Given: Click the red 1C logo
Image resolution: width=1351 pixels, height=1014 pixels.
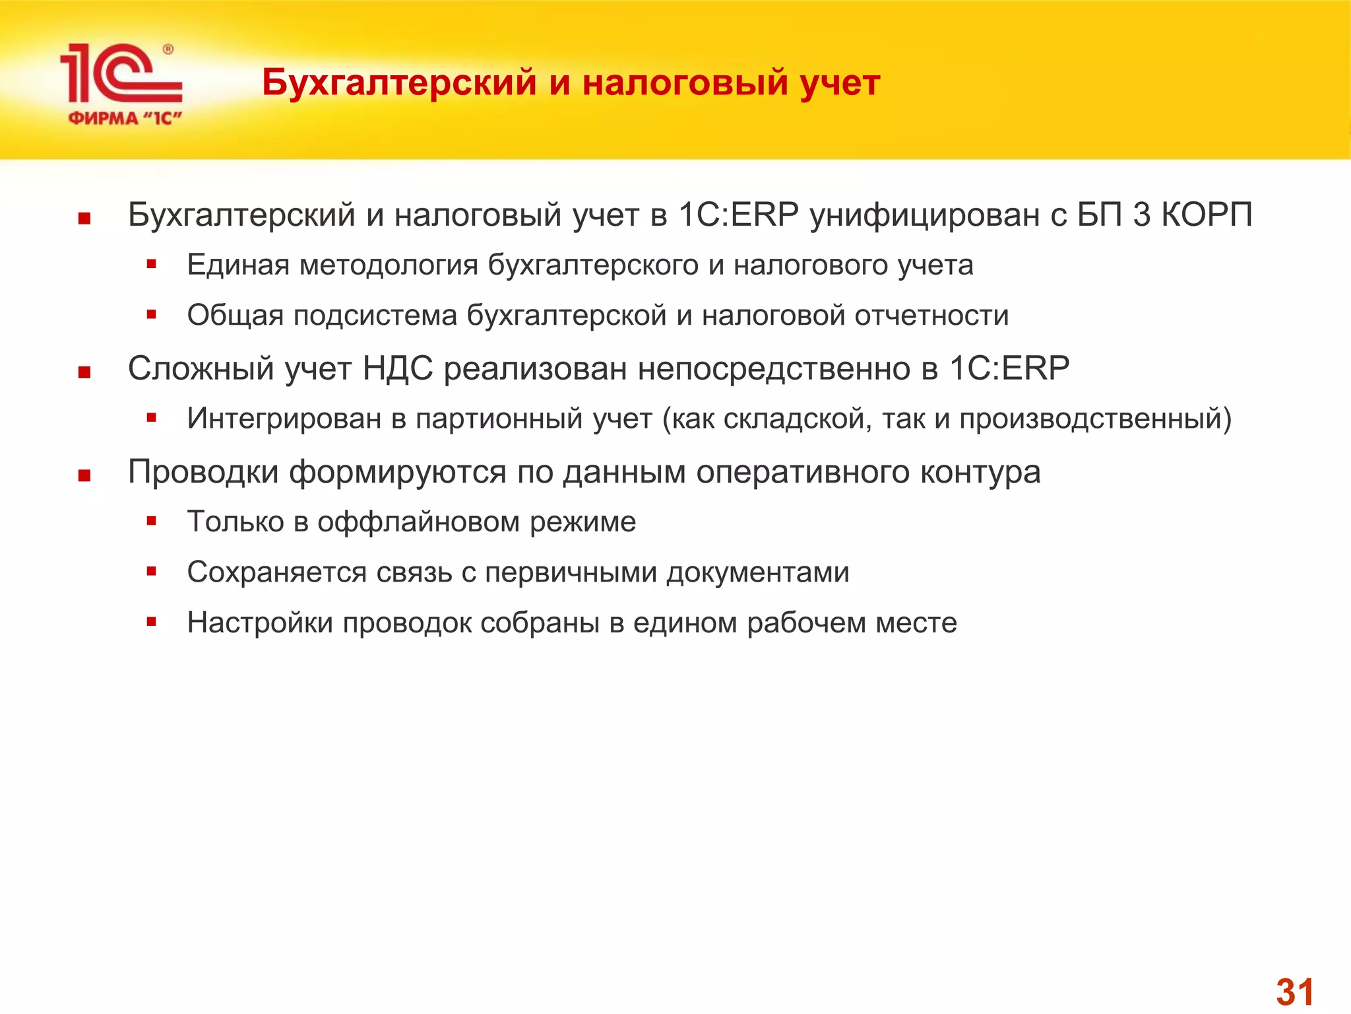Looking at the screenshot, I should (120, 74).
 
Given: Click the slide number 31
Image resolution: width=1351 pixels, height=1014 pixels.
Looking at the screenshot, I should (1295, 992).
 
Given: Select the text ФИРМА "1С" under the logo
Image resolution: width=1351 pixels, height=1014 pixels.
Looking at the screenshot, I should (125, 119).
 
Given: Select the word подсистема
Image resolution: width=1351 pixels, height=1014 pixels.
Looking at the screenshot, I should (375, 316).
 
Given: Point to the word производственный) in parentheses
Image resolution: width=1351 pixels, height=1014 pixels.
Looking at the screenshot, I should (1095, 419).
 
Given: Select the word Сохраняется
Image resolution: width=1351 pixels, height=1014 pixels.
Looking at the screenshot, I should (276, 572).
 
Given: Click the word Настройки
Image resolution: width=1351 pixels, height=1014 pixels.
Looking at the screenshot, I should (260, 623).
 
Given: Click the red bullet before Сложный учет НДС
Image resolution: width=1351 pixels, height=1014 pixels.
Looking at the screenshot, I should (84, 373).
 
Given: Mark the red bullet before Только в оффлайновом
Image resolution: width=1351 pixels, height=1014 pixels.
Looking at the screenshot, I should (151, 521).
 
